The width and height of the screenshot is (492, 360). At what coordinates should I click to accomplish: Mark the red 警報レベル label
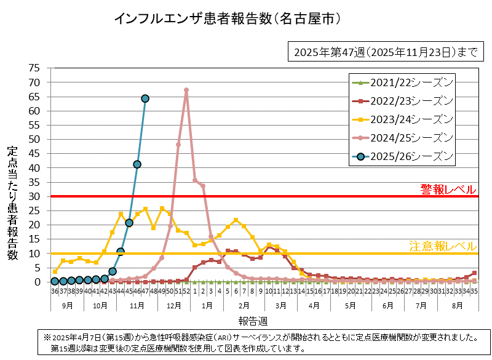click(x=448, y=188)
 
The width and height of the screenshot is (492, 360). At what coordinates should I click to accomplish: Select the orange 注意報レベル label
click(x=443, y=246)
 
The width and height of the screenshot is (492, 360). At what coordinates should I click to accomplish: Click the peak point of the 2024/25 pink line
click(x=186, y=90)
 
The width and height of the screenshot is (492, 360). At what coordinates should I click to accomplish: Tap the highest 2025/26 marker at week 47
click(x=145, y=98)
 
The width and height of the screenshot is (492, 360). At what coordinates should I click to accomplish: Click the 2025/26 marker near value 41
click(x=137, y=164)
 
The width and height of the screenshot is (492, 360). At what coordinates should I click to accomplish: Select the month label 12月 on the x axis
click(x=174, y=305)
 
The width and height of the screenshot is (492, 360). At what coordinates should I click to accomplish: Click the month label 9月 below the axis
click(x=67, y=305)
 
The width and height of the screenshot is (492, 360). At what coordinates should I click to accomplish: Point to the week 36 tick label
click(x=55, y=291)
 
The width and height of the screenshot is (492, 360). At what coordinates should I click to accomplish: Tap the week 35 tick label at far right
click(x=474, y=291)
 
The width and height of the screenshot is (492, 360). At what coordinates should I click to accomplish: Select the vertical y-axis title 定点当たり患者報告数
click(x=12, y=203)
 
